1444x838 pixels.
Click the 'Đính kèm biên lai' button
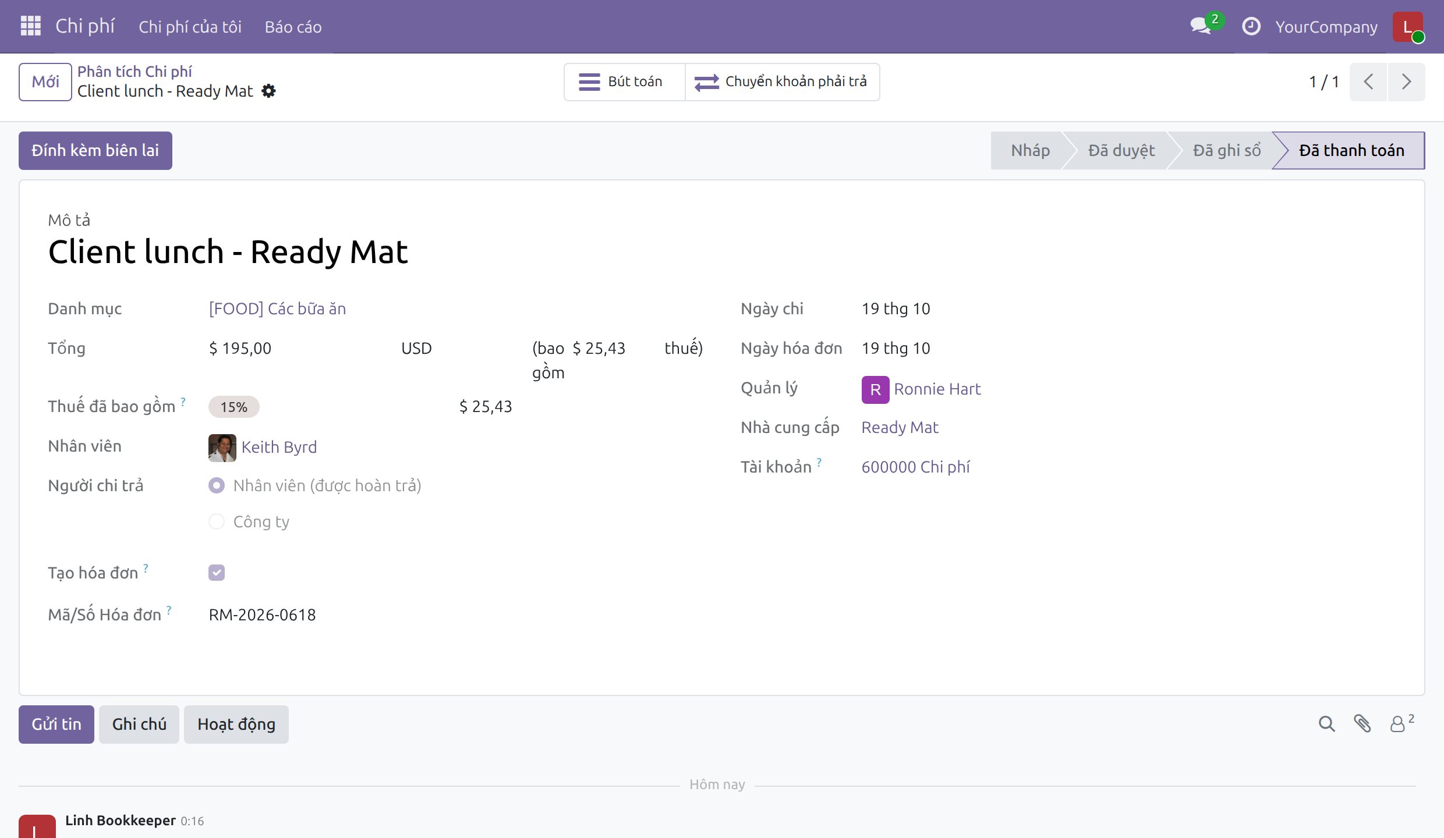point(95,151)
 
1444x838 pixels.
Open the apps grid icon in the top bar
point(30,26)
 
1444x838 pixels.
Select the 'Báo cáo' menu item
point(293,27)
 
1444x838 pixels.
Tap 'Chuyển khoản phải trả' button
point(782,82)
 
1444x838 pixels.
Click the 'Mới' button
point(45,82)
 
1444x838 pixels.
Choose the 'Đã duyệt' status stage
point(1121,151)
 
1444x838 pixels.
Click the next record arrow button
point(1406,82)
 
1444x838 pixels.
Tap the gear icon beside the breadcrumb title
point(268,91)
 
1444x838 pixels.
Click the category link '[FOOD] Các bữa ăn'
point(277,309)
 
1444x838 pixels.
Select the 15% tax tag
point(234,407)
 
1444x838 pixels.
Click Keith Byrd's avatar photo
point(222,448)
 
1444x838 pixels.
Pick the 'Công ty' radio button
point(217,521)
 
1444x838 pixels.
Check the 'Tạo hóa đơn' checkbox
point(217,573)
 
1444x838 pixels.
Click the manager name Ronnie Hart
point(937,389)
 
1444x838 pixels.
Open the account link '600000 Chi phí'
point(915,467)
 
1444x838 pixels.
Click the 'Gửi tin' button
point(56,725)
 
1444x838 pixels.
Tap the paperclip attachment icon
point(1362,724)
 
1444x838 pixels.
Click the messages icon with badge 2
point(1202,26)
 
